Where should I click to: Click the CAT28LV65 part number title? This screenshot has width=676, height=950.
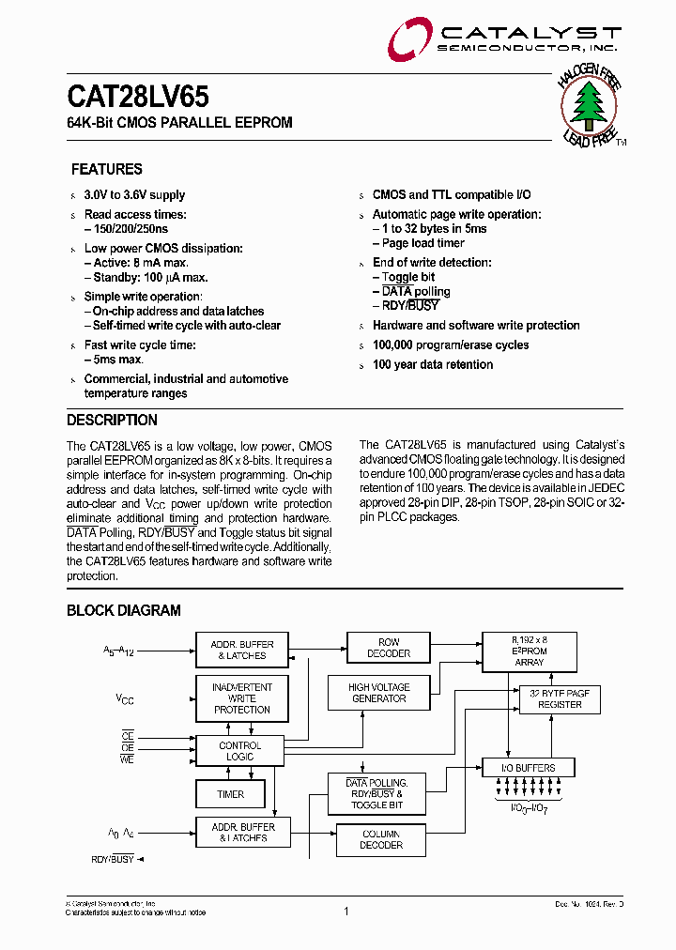[x=138, y=97]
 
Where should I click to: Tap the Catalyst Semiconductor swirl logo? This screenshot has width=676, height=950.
[x=409, y=39]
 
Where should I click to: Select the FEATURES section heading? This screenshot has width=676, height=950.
[x=107, y=169]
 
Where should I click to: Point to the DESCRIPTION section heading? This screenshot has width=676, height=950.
[x=112, y=420]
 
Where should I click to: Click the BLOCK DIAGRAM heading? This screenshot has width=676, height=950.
[x=124, y=610]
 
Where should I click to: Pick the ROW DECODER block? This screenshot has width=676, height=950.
[x=389, y=648]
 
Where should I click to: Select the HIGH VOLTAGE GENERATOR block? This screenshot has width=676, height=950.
[x=378, y=693]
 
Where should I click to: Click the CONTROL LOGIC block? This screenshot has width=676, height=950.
[x=240, y=751]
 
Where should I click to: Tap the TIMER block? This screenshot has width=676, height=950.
[x=231, y=794]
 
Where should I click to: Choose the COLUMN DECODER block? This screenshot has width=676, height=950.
[x=381, y=839]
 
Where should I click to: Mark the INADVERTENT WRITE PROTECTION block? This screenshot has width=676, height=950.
[x=242, y=698]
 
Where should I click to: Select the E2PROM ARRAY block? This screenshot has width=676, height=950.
[x=530, y=651]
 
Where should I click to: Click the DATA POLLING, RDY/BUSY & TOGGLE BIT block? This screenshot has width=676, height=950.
[x=376, y=794]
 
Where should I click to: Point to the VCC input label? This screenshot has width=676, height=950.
[x=125, y=698]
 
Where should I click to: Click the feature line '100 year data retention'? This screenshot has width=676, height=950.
[x=433, y=364]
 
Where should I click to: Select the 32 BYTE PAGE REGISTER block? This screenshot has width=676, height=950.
[x=560, y=698]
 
